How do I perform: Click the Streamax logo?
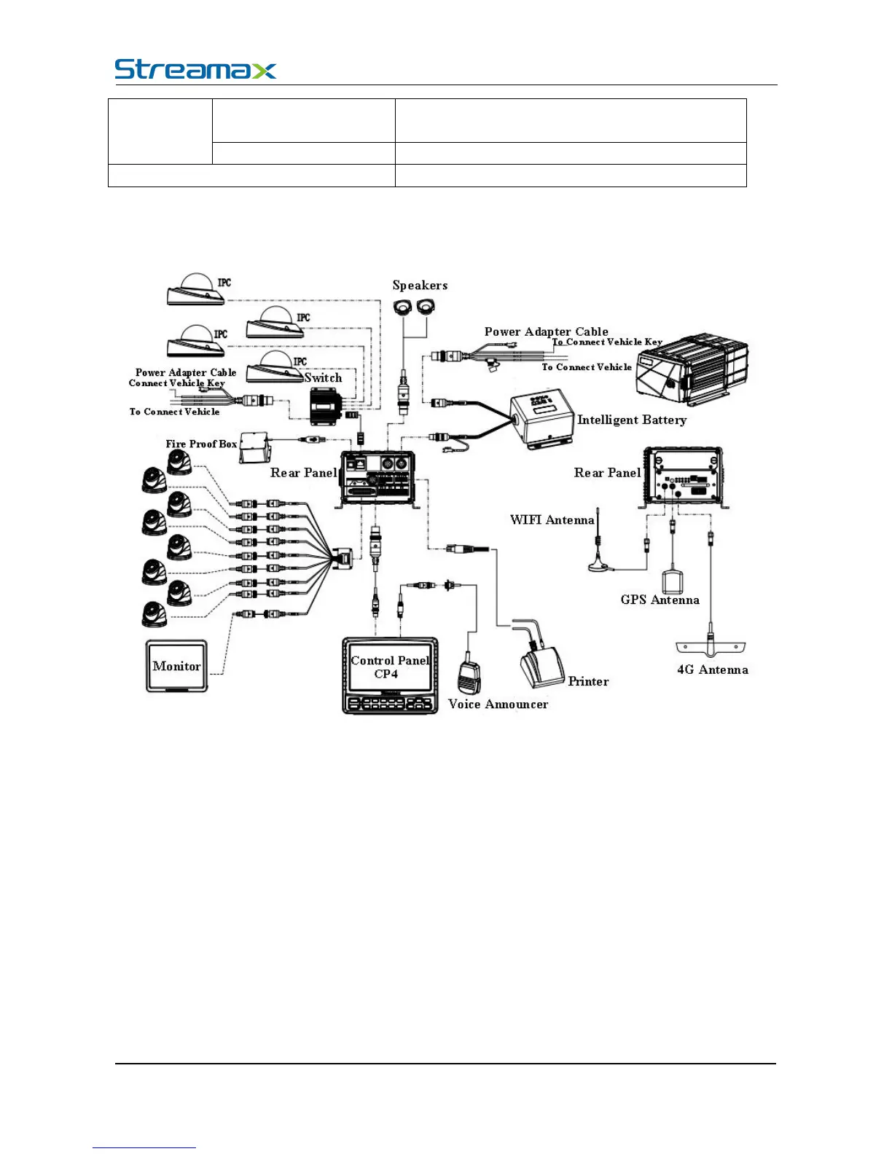pos(195,69)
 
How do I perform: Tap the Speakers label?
pos(420,286)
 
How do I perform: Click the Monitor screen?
pos(177,666)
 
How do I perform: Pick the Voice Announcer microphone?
pos(469,677)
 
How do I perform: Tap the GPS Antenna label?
pos(660,600)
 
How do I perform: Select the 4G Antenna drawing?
pos(711,645)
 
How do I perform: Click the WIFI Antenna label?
pos(552,520)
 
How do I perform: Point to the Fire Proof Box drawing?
pos(255,446)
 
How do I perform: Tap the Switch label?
pos(323,378)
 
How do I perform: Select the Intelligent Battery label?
pos(631,420)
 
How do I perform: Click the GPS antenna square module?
pos(671,582)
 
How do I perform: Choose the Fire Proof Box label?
pos(201,444)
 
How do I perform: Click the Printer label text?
pos(588,682)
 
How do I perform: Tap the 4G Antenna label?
pos(712,670)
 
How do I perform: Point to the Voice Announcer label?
pos(498,704)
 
